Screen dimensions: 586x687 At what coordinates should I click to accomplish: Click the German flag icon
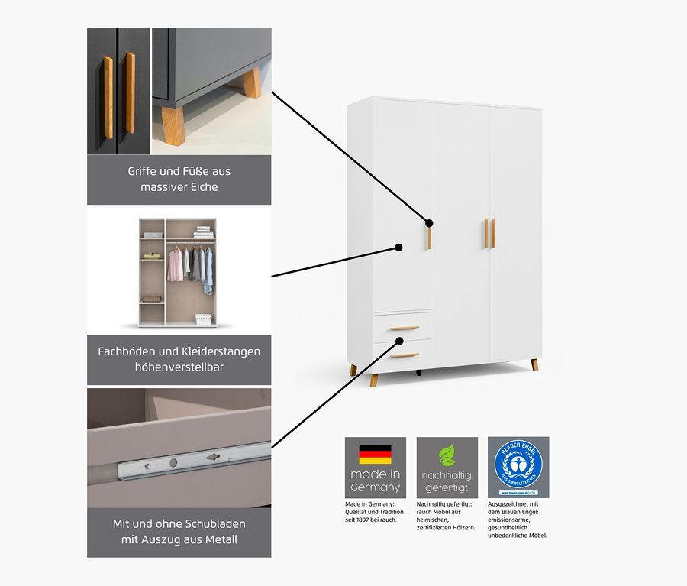point(375,454)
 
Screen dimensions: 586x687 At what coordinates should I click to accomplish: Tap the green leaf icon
point(447,455)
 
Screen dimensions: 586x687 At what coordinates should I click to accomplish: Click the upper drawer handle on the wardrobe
point(405,328)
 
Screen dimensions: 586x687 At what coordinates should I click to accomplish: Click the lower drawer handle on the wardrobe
point(405,355)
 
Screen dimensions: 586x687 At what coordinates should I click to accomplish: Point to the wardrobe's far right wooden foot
point(534,364)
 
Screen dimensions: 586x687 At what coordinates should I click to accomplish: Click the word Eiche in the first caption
point(200,186)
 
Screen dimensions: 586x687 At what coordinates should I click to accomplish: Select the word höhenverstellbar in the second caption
point(179,367)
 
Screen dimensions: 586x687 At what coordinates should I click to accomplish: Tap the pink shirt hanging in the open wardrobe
point(176,264)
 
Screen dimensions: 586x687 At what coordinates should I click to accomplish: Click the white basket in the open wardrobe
point(203,319)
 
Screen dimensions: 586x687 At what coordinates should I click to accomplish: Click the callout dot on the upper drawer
point(399,339)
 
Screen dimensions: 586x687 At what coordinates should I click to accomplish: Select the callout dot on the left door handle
point(430,224)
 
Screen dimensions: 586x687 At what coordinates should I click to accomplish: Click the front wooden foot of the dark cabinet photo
point(173,126)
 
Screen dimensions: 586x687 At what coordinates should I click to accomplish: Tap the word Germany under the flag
point(375,487)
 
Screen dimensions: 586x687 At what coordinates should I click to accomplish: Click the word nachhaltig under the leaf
point(447,475)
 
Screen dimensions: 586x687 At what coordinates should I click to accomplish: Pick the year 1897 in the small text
point(365,520)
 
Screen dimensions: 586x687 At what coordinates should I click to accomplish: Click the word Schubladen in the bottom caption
point(209,523)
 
